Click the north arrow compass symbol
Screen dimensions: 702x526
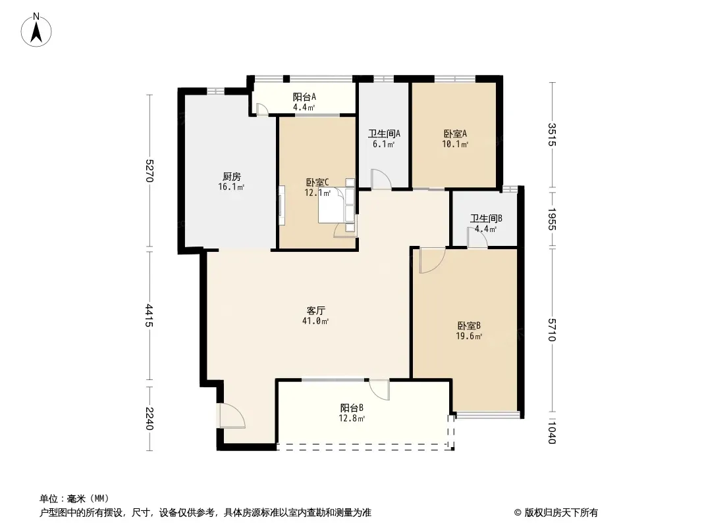pyautogui.click(x=36, y=30)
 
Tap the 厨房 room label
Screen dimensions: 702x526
pyautogui.click(x=231, y=176)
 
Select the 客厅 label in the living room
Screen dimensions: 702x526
pyautogui.click(x=315, y=310)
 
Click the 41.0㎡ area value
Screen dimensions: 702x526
pyautogui.click(x=315, y=321)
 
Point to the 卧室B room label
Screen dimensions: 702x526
pyautogui.click(x=469, y=325)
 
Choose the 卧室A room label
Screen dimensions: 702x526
pyautogui.click(x=455, y=133)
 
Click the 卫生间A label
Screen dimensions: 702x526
pyautogui.click(x=384, y=133)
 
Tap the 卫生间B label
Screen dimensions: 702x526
pyautogui.click(x=486, y=218)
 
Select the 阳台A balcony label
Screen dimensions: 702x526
pyautogui.click(x=304, y=97)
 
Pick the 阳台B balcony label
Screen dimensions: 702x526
pyautogui.click(x=352, y=408)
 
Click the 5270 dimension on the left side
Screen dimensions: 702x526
pyautogui.click(x=149, y=171)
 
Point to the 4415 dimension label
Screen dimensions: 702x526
pyautogui.click(x=149, y=316)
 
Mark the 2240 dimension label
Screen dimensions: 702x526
pyautogui.click(x=149, y=419)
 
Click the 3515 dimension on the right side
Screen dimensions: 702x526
pyautogui.click(x=552, y=135)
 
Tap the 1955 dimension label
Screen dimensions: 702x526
pyautogui.click(x=552, y=220)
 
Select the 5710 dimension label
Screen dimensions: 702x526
pyautogui.click(x=552, y=330)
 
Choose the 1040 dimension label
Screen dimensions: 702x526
pyautogui.click(x=552, y=432)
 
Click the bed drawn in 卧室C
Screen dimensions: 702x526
pyautogui.click(x=337, y=204)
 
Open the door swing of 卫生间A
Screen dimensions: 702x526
pyautogui.click(x=381, y=179)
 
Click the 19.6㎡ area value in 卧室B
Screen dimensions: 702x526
pyautogui.click(x=469, y=336)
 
